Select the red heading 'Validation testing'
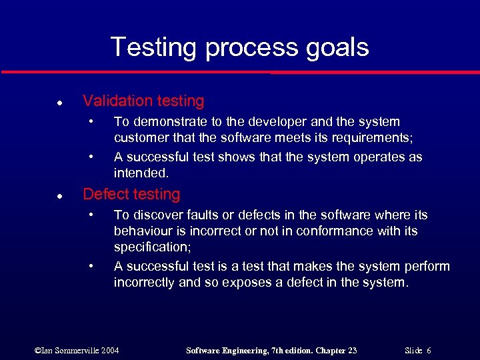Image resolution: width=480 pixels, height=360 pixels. [143, 101]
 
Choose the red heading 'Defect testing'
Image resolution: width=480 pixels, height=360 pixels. [131, 195]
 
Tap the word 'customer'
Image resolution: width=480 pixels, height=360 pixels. [140, 138]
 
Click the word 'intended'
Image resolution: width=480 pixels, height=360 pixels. [140, 173]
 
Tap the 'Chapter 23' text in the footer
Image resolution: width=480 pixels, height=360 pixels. [335, 350]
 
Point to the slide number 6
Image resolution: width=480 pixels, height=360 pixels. [428, 350]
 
